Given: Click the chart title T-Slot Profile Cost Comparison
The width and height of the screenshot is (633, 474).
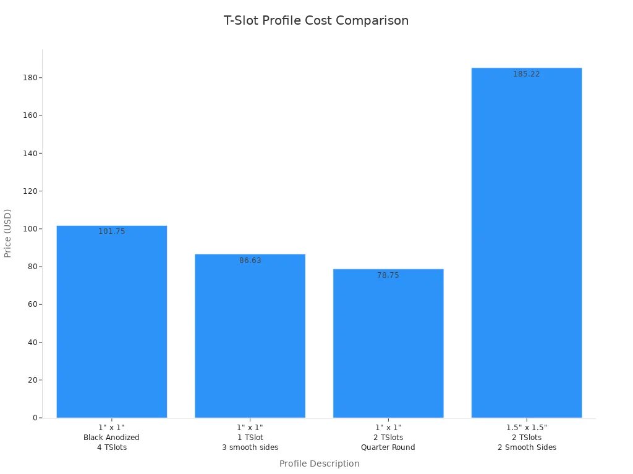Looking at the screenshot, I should pos(316,20).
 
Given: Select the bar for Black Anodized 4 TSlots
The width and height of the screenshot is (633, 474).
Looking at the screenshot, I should pos(111,322).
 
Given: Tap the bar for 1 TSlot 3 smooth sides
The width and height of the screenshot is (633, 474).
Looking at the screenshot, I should pos(250,336).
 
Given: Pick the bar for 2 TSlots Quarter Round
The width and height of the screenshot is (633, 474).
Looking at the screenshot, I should pos(388,343).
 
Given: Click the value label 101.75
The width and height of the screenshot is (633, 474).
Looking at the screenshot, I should pos(111,231).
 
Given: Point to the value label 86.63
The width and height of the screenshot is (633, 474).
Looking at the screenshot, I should pos(250,260).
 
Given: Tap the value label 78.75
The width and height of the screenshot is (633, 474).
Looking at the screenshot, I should pos(388,275).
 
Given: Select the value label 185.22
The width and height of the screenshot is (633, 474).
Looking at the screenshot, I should pos(526,74).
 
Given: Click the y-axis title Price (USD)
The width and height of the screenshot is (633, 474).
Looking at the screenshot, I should pos(8,233).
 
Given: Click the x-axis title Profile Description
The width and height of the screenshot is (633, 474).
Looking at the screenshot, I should pos(319,464).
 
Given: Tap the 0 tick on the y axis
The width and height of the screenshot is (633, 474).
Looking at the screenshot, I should pos(35,418).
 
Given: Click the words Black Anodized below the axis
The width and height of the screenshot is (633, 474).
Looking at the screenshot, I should pos(111,438).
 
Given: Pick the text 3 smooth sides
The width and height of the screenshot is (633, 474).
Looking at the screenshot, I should pos(250,447).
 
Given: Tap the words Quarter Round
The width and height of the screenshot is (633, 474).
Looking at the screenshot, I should pos(388,447).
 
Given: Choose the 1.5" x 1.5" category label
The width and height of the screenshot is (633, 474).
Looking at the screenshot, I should pos(526,428).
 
